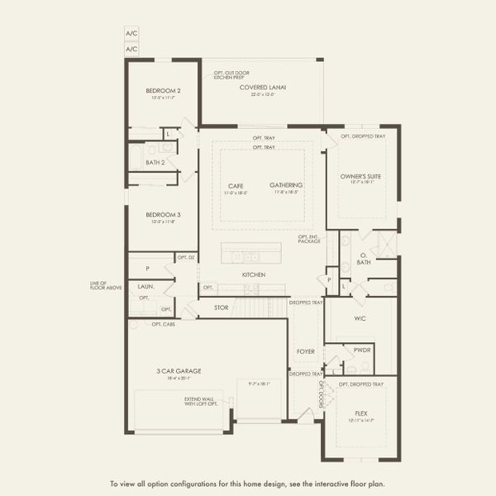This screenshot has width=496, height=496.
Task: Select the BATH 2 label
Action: click(x=155, y=163)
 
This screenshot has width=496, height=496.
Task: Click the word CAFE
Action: click(x=236, y=186)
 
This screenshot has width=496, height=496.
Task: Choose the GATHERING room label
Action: click(x=286, y=185)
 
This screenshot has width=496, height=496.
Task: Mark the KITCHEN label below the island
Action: click(x=253, y=274)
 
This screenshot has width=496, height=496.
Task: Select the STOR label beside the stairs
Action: click(x=221, y=308)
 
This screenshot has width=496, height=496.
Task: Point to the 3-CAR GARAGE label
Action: click(x=179, y=371)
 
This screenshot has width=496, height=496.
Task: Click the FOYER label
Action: click(x=306, y=351)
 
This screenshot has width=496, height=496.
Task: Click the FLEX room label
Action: click(x=361, y=412)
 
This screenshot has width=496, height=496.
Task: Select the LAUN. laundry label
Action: click(x=145, y=286)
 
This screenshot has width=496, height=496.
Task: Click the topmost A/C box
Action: click(x=131, y=33)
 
